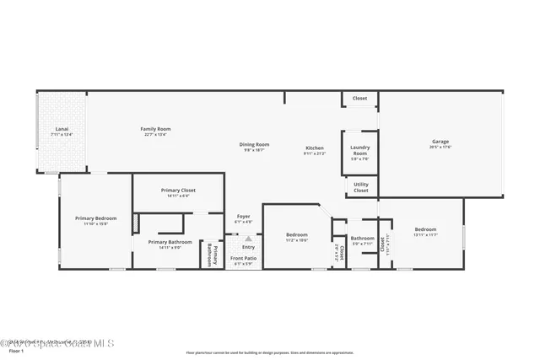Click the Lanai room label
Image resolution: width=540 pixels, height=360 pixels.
[x=61, y=130]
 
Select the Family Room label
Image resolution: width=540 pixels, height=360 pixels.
[x=155, y=128]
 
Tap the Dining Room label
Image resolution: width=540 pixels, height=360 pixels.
[x=255, y=144]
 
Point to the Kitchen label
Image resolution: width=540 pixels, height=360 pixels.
[x=314, y=148]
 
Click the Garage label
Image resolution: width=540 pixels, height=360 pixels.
[x=440, y=141]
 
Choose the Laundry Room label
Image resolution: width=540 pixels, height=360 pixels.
[x=360, y=152]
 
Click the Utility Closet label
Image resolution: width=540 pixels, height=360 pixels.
[x=360, y=188]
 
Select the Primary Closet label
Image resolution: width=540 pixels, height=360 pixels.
[x=178, y=191]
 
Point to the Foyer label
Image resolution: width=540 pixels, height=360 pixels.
[x=243, y=217]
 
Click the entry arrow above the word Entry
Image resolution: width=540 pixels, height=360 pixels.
[x=248, y=239]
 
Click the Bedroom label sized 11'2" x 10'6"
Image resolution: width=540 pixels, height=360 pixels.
[x=296, y=235]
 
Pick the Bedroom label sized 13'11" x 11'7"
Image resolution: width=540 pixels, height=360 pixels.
[x=425, y=229]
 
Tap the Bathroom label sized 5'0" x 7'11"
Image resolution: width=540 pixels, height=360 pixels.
[x=363, y=239]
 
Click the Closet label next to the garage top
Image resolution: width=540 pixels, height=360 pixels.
[x=360, y=99]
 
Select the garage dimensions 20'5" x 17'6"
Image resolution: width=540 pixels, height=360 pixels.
[x=440, y=147]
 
